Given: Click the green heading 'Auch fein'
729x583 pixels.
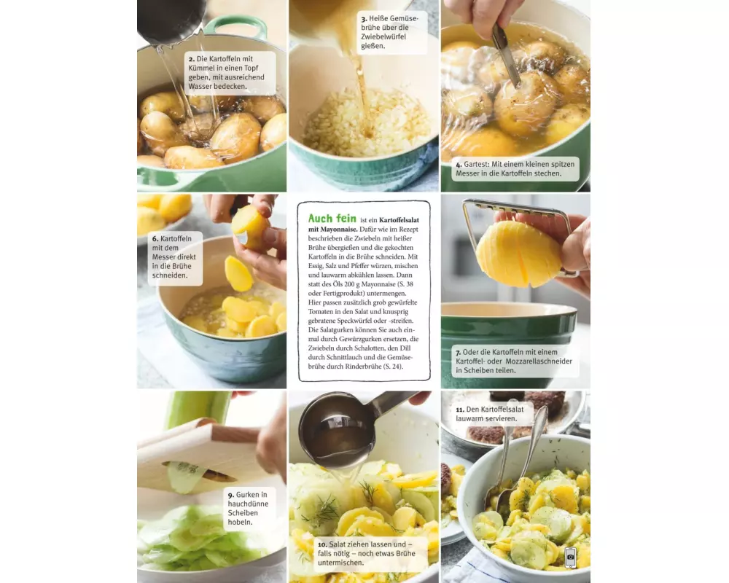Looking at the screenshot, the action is [x=332, y=219].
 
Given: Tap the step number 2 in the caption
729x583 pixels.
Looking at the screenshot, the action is [x=191, y=59].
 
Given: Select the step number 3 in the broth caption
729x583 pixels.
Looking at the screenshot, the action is [x=364, y=19].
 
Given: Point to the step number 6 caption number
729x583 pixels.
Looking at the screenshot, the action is [x=155, y=239].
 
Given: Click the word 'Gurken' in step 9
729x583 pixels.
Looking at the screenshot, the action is [x=247, y=495].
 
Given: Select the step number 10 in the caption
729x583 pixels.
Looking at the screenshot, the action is [x=322, y=544].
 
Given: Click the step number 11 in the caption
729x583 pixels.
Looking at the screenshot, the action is [x=460, y=410].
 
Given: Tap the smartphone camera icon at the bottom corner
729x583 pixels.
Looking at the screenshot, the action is [x=571, y=557].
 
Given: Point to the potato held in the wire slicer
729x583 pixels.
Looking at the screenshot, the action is [x=519, y=254].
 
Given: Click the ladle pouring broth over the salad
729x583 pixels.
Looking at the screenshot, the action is [x=345, y=429].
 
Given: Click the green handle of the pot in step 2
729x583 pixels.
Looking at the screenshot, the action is [x=235, y=26].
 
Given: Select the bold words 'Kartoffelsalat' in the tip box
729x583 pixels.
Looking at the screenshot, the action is [x=399, y=220].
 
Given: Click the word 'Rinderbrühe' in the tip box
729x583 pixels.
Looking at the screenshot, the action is [x=364, y=367].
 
